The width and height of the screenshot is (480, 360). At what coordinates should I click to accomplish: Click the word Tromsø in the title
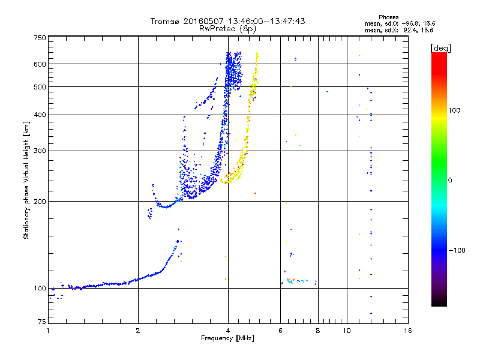tap(166, 21)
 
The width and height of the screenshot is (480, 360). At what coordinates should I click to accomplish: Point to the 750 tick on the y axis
tap(40, 37)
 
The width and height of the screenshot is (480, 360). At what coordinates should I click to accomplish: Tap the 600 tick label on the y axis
tap(40, 64)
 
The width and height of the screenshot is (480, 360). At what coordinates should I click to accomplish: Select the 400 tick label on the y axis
tap(40, 115)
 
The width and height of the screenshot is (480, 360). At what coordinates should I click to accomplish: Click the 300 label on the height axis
tap(40, 151)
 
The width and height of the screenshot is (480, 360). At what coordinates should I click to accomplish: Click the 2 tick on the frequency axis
tap(138, 331)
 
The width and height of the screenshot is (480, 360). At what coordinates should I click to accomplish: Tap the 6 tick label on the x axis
tap(280, 331)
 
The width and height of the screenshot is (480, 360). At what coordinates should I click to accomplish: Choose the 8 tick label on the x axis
tap(318, 331)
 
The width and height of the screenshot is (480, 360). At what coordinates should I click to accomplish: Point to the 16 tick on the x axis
tap(407, 331)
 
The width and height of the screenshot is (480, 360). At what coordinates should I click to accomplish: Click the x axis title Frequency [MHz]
tap(227, 338)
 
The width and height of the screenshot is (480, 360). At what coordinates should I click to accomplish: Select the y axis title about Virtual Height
tap(26, 180)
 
